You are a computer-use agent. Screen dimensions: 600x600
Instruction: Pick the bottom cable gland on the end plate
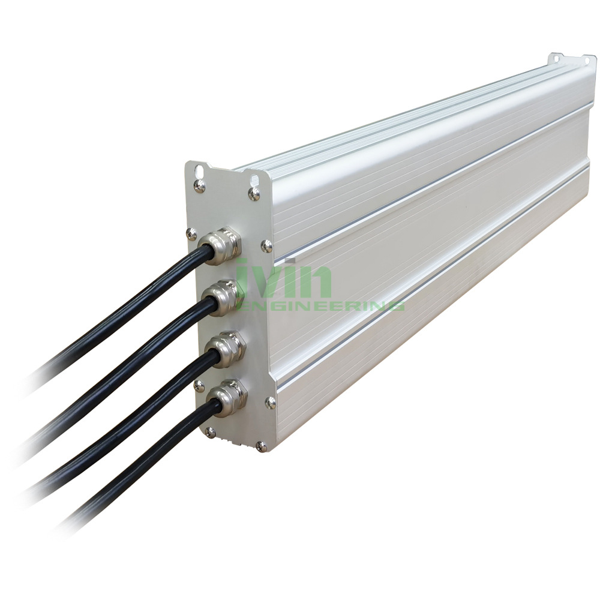(228, 397)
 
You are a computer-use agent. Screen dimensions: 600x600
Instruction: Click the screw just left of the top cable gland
(191, 233)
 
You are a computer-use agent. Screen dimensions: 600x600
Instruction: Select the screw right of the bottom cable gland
(271, 401)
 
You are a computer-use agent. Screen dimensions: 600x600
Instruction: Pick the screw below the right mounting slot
(254, 193)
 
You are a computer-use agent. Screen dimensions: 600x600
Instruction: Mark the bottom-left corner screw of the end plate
(209, 431)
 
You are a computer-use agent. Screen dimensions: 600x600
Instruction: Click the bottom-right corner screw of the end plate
(261, 446)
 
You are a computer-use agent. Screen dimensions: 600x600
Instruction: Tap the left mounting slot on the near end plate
(199, 170)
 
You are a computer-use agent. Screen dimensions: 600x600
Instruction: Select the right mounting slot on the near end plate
(254, 178)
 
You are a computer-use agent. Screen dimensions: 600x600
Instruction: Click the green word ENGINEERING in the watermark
(320, 306)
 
